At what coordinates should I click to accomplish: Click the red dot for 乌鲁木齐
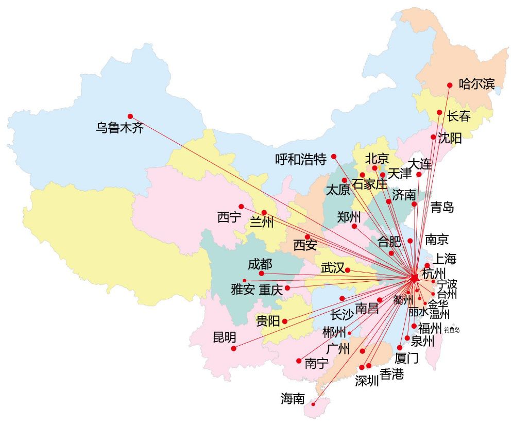tap(130, 116)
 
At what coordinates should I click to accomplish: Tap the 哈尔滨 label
tap(476, 83)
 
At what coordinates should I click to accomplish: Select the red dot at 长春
tap(439, 112)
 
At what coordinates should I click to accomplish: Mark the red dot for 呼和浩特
tap(334, 156)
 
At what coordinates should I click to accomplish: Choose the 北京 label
tap(377, 158)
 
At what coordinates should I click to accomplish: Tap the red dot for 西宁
tap(241, 207)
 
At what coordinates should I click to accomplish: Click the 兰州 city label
tap(261, 223)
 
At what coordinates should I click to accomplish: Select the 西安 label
tap(305, 245)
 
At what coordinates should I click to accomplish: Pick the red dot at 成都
tap(261, 273)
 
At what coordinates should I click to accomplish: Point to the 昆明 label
tap(225, 337)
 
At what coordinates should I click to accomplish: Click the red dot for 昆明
tap(234, 348)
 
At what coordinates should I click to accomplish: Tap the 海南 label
tap(293, 398)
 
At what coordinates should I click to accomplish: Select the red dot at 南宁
tap(299, 361)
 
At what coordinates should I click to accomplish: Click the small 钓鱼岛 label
tap(451, 330)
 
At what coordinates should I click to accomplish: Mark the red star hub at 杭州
tap(415, 278)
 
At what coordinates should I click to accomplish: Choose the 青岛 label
tap(442, 208)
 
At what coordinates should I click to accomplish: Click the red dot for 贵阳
tap(284, 321)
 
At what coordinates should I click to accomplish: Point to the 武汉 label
tap(332, 268)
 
